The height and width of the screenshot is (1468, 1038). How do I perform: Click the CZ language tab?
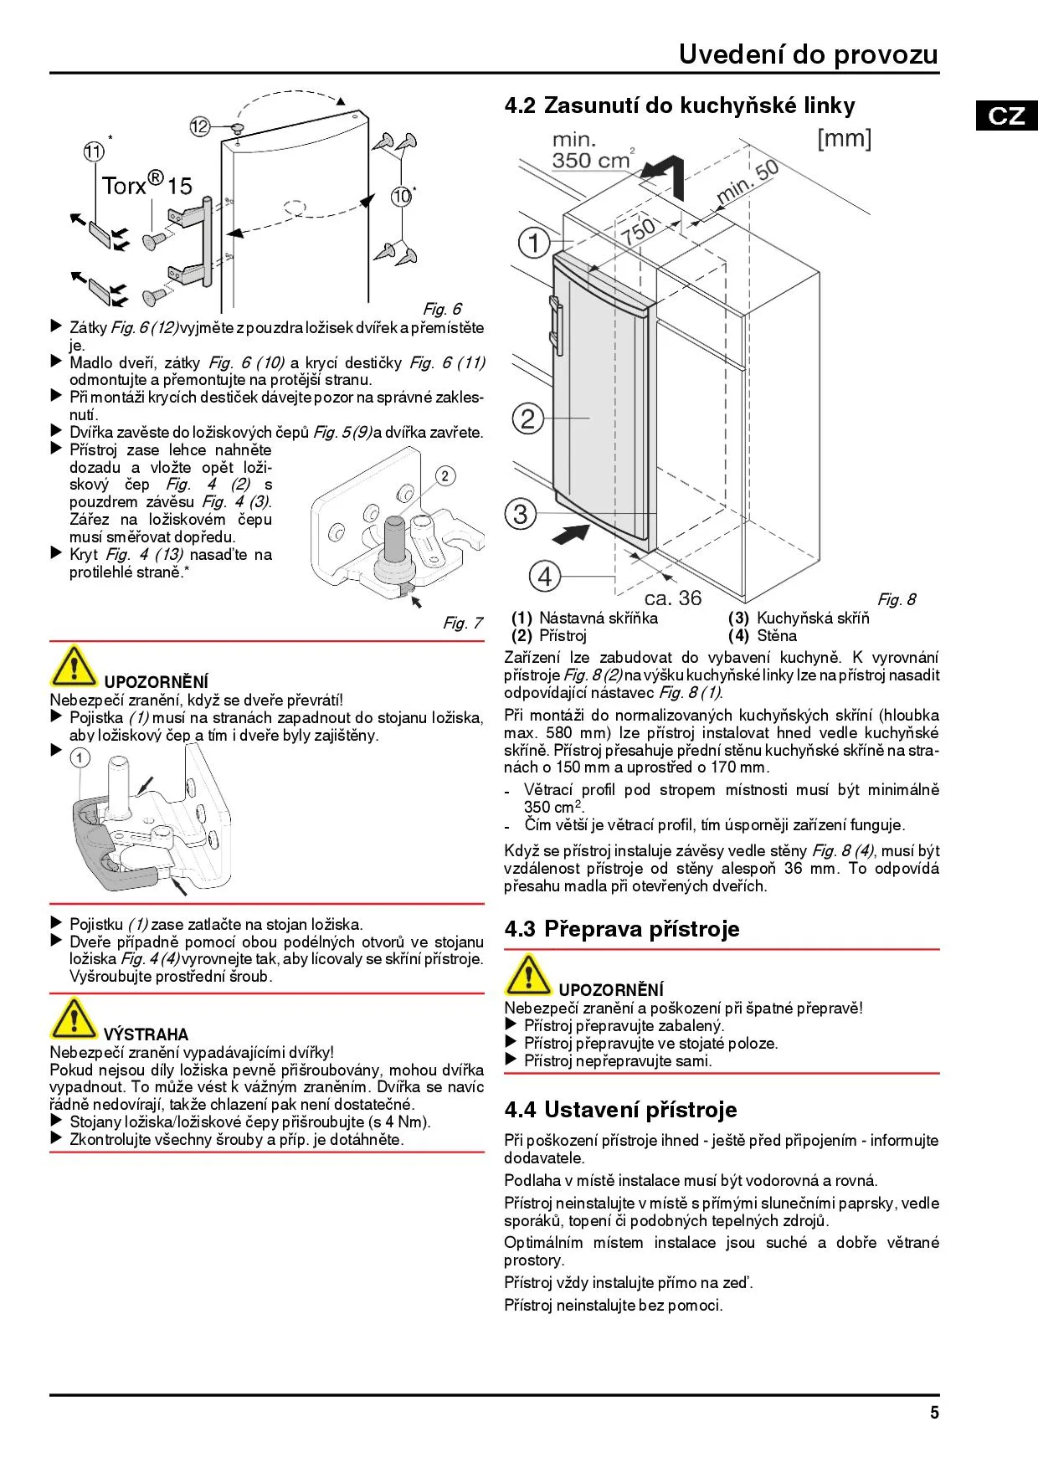coord(1006,115)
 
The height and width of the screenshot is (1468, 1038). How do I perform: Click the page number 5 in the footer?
coord(934,1413)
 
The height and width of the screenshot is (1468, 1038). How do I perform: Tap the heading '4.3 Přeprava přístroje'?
coord(622,929)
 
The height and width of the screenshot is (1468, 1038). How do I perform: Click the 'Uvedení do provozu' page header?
coord(808,54)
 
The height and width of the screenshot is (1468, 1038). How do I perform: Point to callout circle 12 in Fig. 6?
coord(199,126)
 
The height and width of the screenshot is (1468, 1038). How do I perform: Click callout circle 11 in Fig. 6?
coord(94,151)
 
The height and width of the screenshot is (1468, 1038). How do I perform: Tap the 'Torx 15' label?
coord(146,184)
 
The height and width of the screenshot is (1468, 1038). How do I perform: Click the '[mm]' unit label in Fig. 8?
coord(844,138)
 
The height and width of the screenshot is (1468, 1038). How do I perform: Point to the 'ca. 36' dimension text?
coord(673,598)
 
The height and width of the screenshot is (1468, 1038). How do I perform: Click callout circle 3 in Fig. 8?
coord(520,513)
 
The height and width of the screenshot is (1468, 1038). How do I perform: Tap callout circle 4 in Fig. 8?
coord(544,576)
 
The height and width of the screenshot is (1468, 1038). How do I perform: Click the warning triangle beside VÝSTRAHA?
coord(73,1019)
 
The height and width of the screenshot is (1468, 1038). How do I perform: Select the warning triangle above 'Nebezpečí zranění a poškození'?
coord(527,974)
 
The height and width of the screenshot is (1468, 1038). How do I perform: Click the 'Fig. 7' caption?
coord(462,623)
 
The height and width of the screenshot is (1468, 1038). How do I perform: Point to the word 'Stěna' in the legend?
coord(776,635)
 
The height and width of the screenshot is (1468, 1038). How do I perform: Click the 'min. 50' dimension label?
coord(748,182)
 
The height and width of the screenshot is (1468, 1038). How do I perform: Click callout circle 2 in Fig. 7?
coord(444,476)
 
